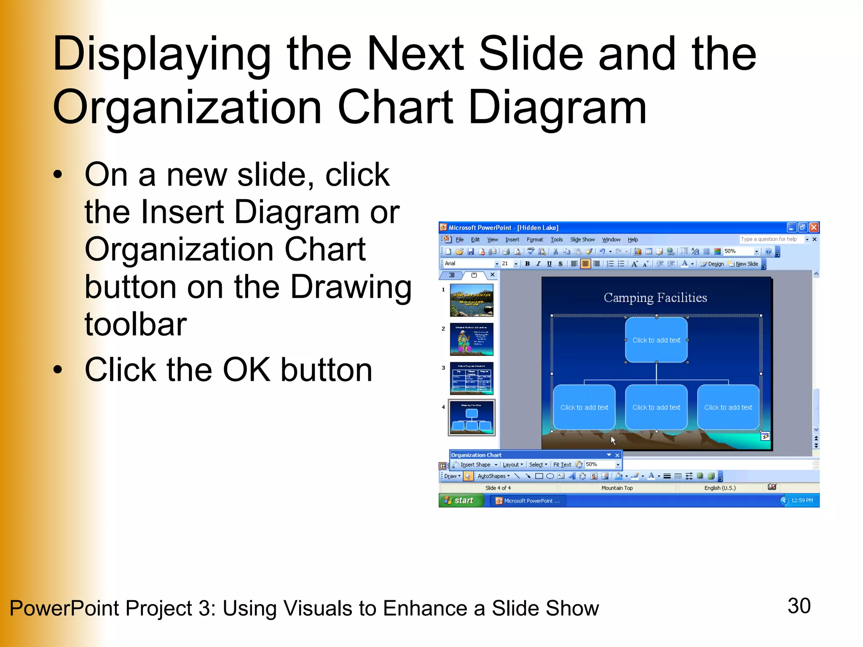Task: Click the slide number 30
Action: coord(799,606)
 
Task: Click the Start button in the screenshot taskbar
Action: coord(461,500)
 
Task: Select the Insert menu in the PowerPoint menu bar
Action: coord(512,240)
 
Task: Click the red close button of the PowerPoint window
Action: coord(814,227)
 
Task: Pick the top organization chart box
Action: coord(656,340)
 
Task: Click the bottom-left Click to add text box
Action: coord(584,407)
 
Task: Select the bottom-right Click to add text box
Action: coord(728,407)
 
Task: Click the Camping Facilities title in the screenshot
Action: coord(655,298)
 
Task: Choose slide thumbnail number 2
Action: coord(472,339)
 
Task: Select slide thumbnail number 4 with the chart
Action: coord(472,417)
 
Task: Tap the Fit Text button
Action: coord(562,465)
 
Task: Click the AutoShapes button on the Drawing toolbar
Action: coord(492,476)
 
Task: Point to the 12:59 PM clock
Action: coord(802,500)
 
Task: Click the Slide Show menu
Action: coord(582,240)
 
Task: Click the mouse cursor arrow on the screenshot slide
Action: coord(613,440)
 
